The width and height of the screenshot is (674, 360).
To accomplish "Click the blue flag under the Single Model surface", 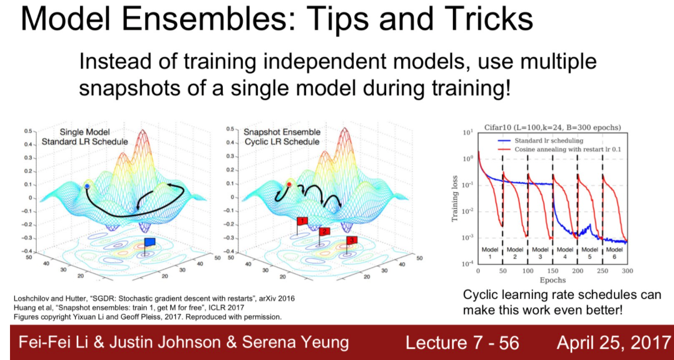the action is [x=150, y=242].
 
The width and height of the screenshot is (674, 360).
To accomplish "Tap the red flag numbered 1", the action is [x=302, y=221].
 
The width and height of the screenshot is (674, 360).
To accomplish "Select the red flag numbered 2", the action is [x=324, y=231].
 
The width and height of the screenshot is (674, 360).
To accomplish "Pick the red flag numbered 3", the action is [x=352, y=240].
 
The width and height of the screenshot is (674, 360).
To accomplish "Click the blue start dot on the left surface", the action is [x=87, y=187].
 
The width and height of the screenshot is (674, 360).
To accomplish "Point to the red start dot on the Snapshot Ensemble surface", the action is [x=289, y=184].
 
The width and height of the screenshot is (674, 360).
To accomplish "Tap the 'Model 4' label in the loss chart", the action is [x=565, y=253].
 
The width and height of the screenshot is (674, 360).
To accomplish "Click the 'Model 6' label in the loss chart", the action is [x=615, y=253].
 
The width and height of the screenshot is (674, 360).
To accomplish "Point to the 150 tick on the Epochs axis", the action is [x=553, y=271].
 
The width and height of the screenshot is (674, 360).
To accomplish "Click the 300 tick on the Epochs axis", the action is [x=627, y=271].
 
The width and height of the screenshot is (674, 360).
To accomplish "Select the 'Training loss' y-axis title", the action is [x=455, y=199].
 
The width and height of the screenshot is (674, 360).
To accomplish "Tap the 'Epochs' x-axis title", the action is [x=553, y=281].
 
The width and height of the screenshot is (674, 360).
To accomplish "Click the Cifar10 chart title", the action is [x=553, y=128].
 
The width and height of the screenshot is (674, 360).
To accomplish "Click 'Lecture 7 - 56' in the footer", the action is [x=462, y=343].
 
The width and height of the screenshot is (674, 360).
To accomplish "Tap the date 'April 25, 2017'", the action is [x=614, y=343].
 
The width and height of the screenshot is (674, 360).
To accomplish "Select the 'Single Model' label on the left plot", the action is [x=84, y=132].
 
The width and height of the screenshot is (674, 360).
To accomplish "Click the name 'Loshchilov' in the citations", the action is [x=31, y=299].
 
